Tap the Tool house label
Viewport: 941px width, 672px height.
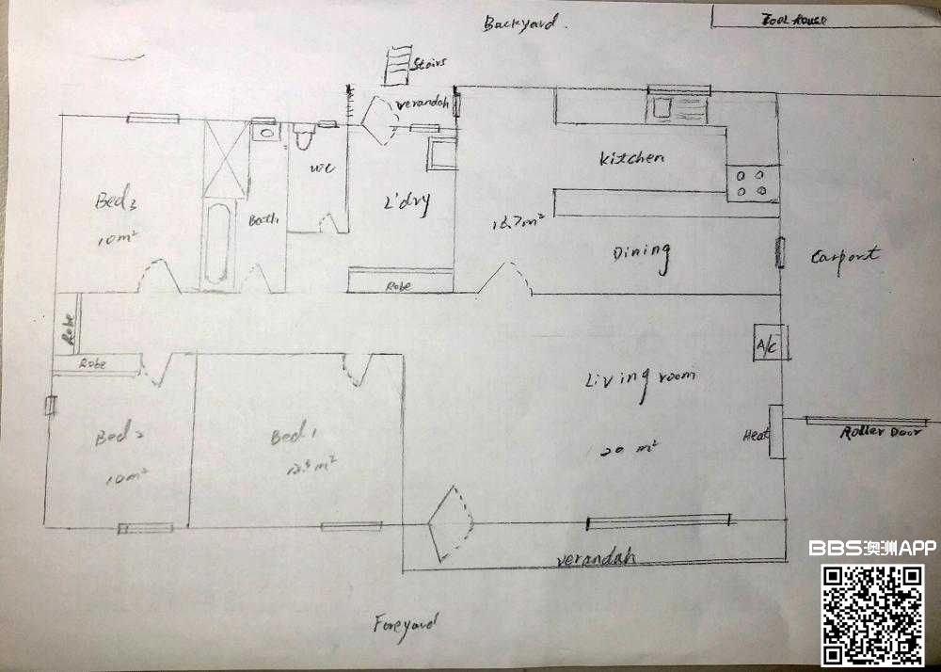pyautogui.click(x=792, y=19)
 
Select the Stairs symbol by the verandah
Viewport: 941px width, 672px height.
pyautogui.click(x=398, y=65)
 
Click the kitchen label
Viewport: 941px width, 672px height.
pyautogui.click(x=631, y=158)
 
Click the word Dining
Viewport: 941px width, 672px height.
pyautogui.click(x=642, y=255)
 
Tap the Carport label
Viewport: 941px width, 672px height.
pyautogui.click(x=844, y=255)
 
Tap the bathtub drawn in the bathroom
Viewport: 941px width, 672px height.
pyautogui.click(x=218, y=243)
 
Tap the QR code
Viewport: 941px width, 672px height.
pyautogui.click(x=873, y=616)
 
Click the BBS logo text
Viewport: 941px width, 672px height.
pyautogui.click(x=835, y=548)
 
